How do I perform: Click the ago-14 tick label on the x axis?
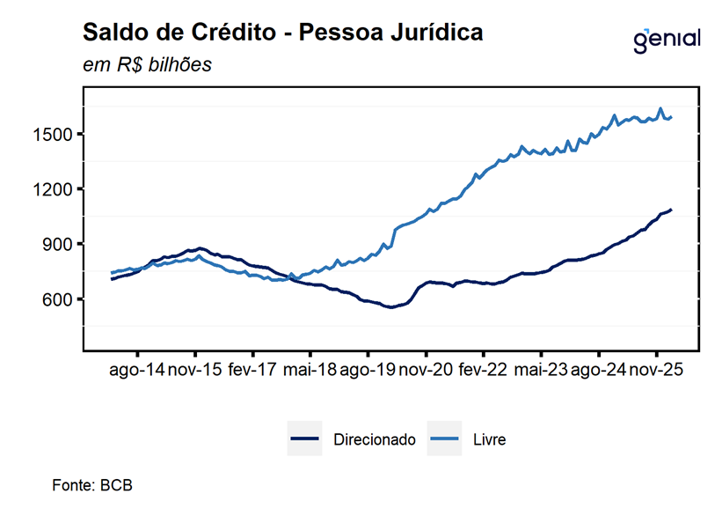coord(137,370)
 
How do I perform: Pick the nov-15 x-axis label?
coord(195,370)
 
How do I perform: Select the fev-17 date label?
coord(252,370)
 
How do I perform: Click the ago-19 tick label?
coord(368,370)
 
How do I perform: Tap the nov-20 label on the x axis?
coord(426,370)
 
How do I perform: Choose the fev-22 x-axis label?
coord(483,370)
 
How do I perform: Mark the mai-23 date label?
coord(540,370)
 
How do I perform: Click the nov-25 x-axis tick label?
coord(656,370)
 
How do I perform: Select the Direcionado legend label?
coord(374,439)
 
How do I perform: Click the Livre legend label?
coord(489,439)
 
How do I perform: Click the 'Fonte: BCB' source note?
coord(92,485)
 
